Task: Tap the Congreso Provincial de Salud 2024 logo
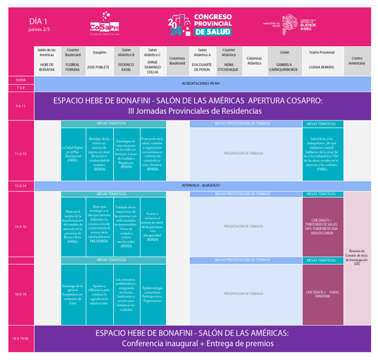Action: pyautogui.click(x=200, y=24)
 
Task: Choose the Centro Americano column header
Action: pyautogui.click(x=357, y=60)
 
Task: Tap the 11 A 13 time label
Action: pyautogui.click(x=21, y=154)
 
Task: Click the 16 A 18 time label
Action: pyautogui.click(x=21, y=294)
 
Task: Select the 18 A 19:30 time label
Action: pyautogui.click(x=21, y=339)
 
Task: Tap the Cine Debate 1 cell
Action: pyautogui.click(x=323, y=226)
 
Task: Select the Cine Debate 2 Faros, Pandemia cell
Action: pyautogui.click(x=323, y=294)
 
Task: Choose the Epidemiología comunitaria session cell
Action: pyautogui.click(x=153, y=294)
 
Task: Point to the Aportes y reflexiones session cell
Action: pyautogui.click(x=100, y=294)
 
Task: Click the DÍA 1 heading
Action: pyautogui.click(x=38, y=22)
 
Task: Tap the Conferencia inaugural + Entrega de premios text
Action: pyautogui.click(x=197, y=343)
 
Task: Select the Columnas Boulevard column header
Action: pyautogui.click(x=177, y=60)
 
